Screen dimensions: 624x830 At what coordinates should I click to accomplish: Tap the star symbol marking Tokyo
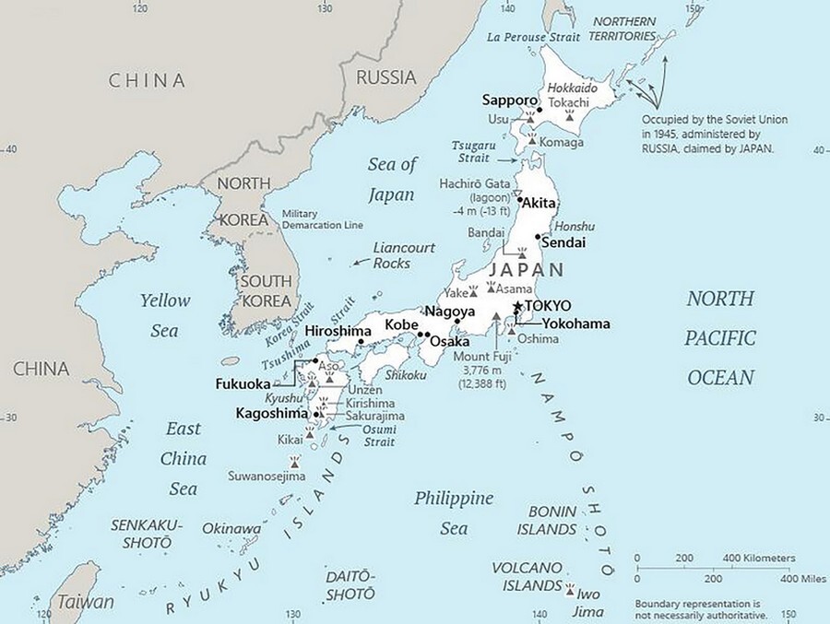(518, 306)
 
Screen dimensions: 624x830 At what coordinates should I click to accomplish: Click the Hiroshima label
(338, 331)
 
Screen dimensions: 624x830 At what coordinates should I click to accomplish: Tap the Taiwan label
(86, 601)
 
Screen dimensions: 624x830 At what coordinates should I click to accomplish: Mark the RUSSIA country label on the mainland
(385, 77)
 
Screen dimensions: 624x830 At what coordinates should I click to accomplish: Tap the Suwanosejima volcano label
(267, 477)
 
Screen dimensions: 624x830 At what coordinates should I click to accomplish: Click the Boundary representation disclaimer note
(701, 608)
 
